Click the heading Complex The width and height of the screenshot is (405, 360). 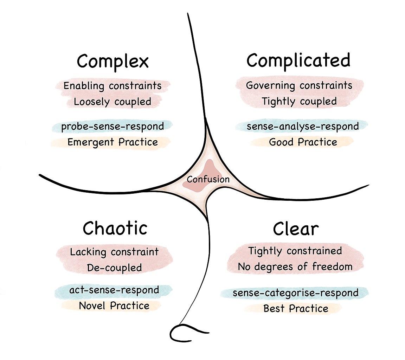(x=113, y=62)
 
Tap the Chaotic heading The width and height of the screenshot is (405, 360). (x=115, y=229)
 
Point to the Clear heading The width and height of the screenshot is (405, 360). (x=296, y=230)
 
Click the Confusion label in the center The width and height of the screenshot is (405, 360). (x=208, y=179)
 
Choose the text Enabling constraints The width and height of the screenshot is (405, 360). (x=112, y=86)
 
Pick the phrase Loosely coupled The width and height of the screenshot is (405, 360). (x=112, y=102)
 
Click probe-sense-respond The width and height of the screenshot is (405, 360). (x=112, y=126)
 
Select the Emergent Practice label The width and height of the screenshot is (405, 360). (x=112, y=142)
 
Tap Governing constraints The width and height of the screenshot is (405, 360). (x=299, y=85)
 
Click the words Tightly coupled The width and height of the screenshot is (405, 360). (x=299, y=102)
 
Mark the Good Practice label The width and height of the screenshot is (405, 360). (x=303, y=142)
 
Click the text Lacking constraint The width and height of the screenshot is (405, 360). (x=114, y=252)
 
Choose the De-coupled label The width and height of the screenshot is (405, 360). (x=114, y=268)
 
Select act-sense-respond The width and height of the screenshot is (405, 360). (x=114, y=290)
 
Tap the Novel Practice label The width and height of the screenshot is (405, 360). (x=114, y=306)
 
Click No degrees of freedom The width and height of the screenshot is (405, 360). (x=295, y=267)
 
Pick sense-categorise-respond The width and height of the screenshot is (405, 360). (x=296, y=293)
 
